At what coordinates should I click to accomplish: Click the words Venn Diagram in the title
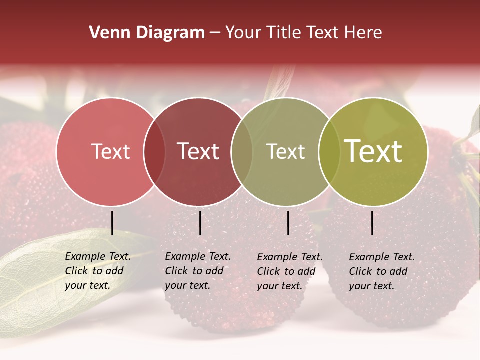click(147, 33)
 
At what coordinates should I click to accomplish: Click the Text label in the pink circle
click(110, 151)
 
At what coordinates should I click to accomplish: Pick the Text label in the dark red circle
click(198, 151)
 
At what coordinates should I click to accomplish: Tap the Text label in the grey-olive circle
click(285, 151)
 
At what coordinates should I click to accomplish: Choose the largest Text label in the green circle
click(373, 151)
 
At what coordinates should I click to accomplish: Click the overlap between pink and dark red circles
click(154, 152)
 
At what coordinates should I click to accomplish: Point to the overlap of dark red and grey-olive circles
click(242, 152)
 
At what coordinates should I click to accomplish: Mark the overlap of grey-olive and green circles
click(329, 152)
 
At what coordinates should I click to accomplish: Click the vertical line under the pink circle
click(112, 223)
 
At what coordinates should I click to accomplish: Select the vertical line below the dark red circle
click(200, 223)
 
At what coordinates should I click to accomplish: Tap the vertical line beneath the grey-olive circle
click(288, 223)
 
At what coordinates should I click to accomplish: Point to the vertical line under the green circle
click(372, 223)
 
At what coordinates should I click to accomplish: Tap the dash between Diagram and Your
click(215, 33)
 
